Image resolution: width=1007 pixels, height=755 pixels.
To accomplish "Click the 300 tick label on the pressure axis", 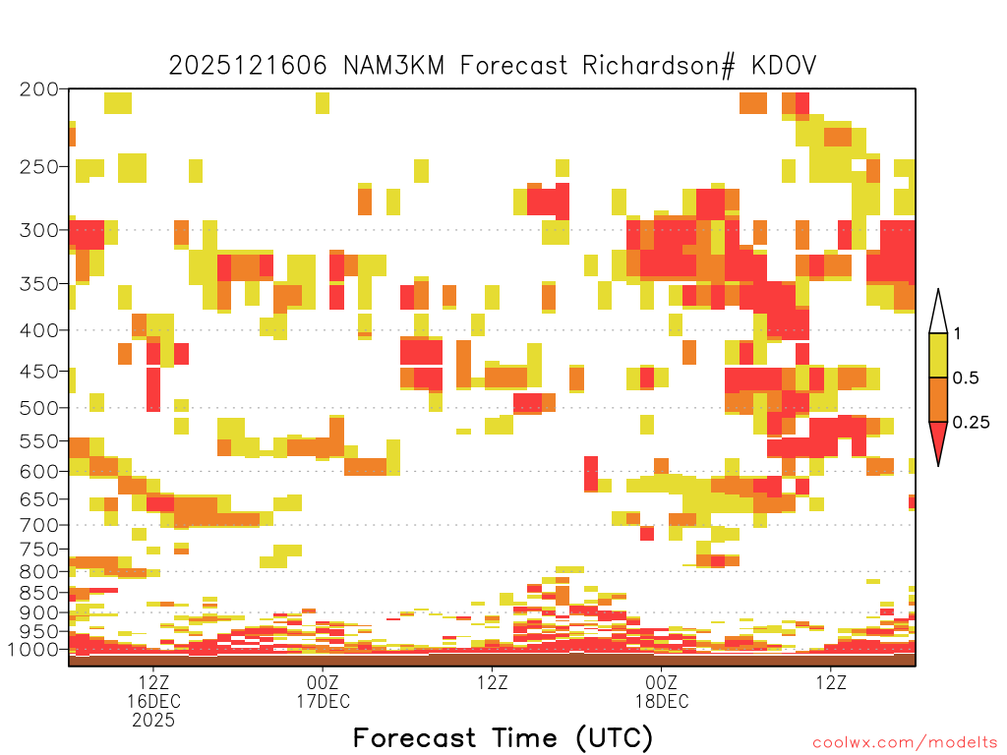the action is click(x=38, y=230).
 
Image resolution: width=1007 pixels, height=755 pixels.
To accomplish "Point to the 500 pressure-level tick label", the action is click(x=38, y=408).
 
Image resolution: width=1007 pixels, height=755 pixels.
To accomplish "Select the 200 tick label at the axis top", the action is click(x=38, y=89).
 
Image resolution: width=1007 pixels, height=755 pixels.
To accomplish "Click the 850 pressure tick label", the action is click(x=38, y=593).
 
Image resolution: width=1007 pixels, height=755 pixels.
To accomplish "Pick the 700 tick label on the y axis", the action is click(x=38, y=525).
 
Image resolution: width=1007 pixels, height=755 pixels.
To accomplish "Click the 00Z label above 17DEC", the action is click(x=323, y=682).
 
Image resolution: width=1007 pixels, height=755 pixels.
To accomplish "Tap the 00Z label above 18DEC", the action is click(x=662, y=682).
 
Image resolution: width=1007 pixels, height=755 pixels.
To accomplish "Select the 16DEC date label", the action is click(x=153, y=701).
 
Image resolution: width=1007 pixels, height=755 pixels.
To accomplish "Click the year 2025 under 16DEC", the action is click(x=153, y=721).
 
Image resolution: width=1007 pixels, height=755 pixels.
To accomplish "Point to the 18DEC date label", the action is click(x=662, y=701).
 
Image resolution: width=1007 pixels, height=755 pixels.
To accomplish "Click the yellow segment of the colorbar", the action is click(x=938, y=355).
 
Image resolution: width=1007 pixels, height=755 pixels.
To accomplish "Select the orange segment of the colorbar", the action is click(x=938, y=399).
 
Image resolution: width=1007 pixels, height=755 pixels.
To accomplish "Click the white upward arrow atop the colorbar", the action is click(x=938, y=312).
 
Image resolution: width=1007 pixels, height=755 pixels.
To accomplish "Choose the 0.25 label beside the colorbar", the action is click(x=971, y=422).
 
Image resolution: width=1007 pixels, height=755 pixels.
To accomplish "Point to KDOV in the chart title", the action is click(x=784, y=66).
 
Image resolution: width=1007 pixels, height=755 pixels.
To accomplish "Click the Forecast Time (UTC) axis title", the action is click(x=503, y=738).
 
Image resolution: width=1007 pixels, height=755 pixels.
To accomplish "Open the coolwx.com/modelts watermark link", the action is click(x=905, y=743).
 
